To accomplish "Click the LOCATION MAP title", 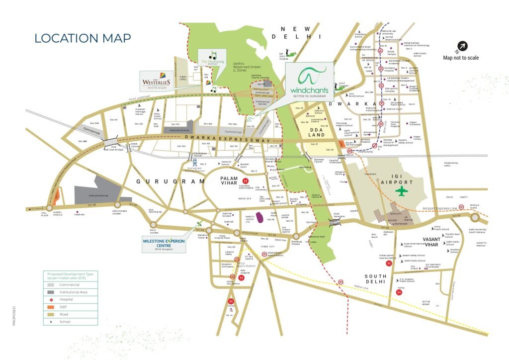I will (x=83, y=38).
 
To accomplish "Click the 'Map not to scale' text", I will (x=461, y=58).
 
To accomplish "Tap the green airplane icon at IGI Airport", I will (x=401, y=191).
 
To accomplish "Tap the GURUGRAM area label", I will (x=170, y=182).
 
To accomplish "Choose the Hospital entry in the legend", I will (x=66, y=299).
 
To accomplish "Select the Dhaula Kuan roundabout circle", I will (x=475, y=217).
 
